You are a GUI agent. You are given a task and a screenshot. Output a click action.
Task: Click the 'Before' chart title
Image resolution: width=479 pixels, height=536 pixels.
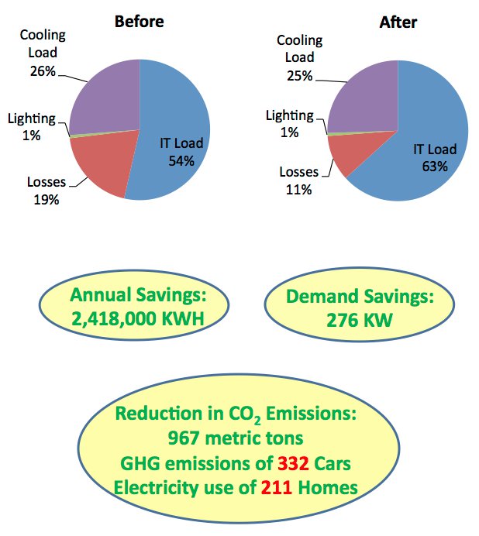coord(139,22)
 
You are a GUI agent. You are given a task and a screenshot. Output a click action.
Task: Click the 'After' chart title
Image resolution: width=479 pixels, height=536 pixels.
coord(398,22)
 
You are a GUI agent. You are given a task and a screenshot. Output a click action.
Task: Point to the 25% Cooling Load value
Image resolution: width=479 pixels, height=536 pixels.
coord(298,75)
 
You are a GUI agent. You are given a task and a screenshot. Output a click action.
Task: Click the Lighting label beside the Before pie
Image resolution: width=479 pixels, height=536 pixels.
coord(32,119)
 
